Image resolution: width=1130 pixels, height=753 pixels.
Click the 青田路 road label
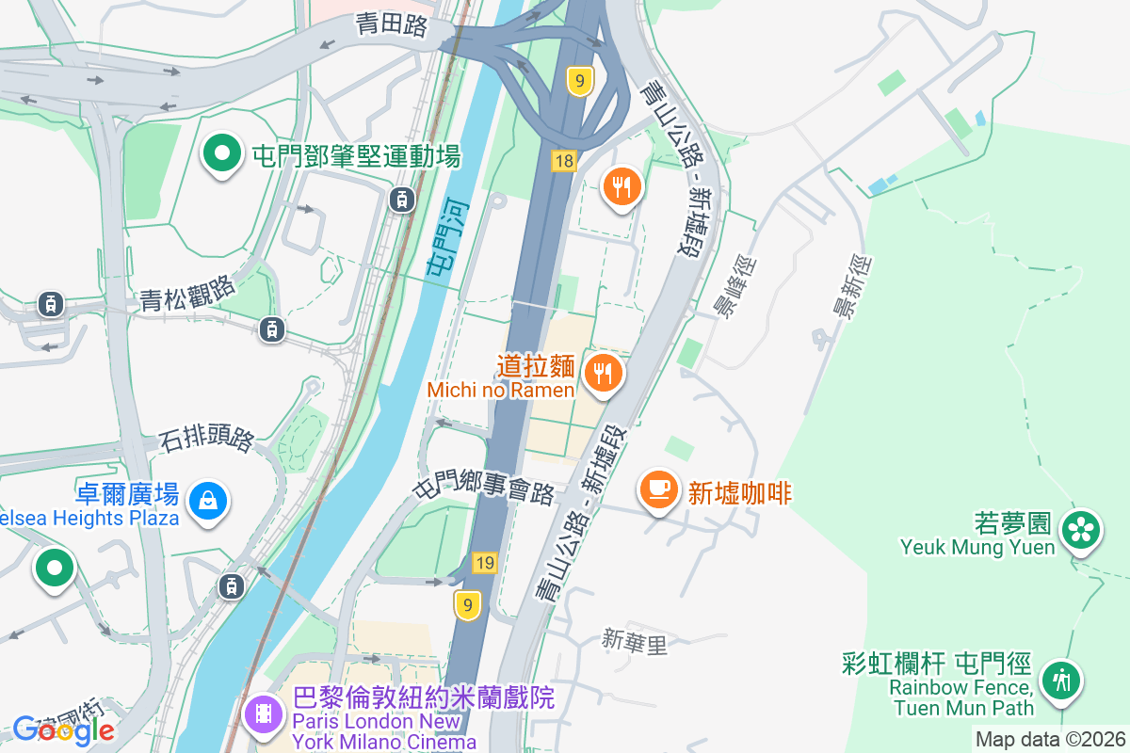click(x=392, y=24)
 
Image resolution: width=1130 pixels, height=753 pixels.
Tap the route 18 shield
click(x=564, y=161)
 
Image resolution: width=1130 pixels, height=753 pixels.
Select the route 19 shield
click(x=485, y=563)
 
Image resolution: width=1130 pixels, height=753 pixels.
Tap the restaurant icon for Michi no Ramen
click(x=603, y=375)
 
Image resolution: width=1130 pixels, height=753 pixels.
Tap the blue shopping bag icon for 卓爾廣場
click(x=207, y=500)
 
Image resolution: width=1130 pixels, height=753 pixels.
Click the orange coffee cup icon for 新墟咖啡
click(x=659, y=490)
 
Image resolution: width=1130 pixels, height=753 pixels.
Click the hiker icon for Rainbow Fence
click(x=1061, y=680)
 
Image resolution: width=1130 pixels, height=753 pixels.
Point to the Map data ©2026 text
click(x=1050, y=740)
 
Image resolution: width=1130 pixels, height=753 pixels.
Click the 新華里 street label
click(x=635, y=643)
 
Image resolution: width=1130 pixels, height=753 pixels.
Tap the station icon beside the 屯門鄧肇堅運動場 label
click(x=402, y=199)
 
